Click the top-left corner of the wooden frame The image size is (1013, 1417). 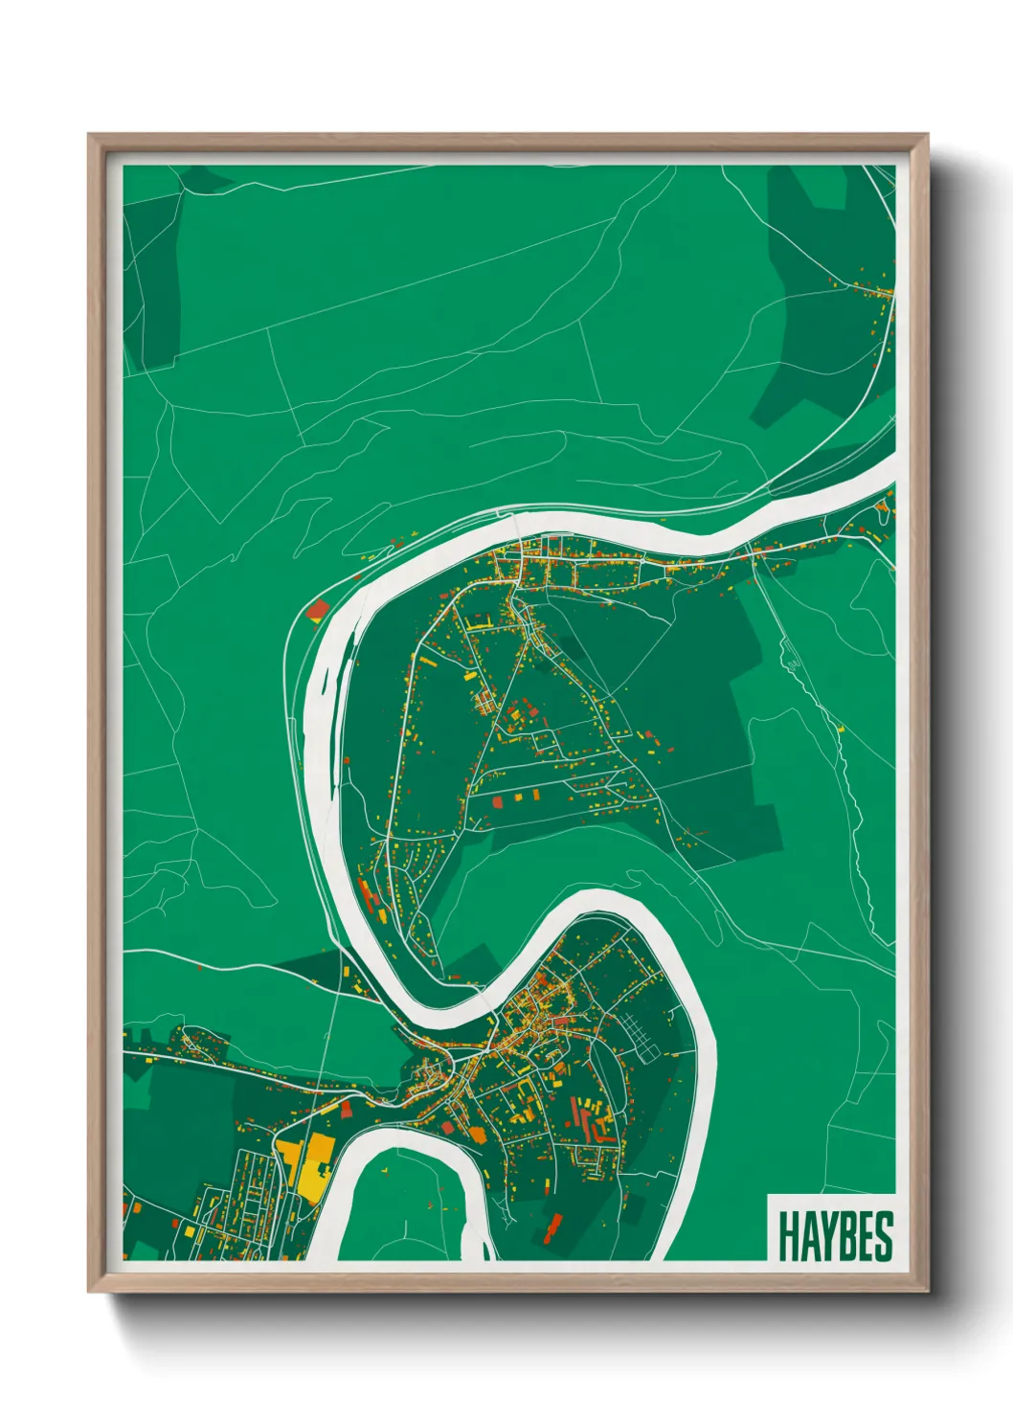click(91, 137)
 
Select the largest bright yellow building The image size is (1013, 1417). click(313, 1163)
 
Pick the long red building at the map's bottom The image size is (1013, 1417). click(552, 1227)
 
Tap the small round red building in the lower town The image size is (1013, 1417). click(448, 1129)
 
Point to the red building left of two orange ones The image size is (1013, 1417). click(497, 800)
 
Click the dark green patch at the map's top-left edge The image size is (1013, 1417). click(151, 278)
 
